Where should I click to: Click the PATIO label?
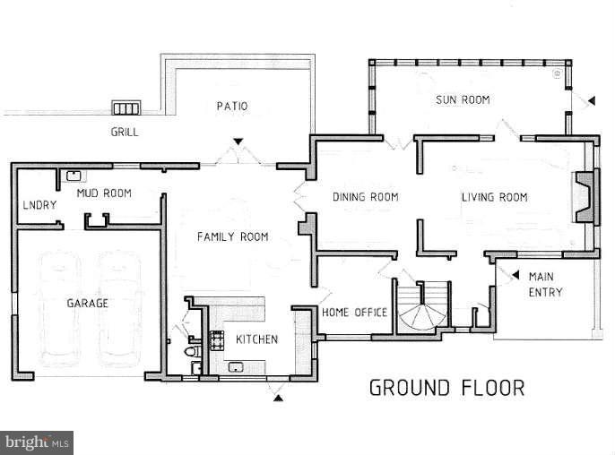tap(232, 106)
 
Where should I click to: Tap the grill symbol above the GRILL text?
tap(126, 107)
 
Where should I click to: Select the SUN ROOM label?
tap(463, 99)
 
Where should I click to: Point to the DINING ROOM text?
tap(366, 196)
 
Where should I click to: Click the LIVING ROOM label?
tap(495, 197)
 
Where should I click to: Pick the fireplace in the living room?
tap(586, 197)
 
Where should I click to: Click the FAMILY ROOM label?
tap(233, 236)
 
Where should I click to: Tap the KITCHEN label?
tap(257, 339)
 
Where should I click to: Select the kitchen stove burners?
tap(216, 339)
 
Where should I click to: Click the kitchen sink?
tap(236, 367)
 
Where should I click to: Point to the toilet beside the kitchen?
tap(193, 351)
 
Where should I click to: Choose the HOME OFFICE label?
tap(355, 312)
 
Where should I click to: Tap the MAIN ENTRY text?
tap(545, 284)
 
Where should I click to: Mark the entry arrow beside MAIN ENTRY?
tap(515, 275)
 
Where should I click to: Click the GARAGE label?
tap(88, 303)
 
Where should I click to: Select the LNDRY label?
tap(39, 204)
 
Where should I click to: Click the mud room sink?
tap(74, 176)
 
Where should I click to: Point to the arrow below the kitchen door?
tap(278, 399)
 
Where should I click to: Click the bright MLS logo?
tap(37, 442)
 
